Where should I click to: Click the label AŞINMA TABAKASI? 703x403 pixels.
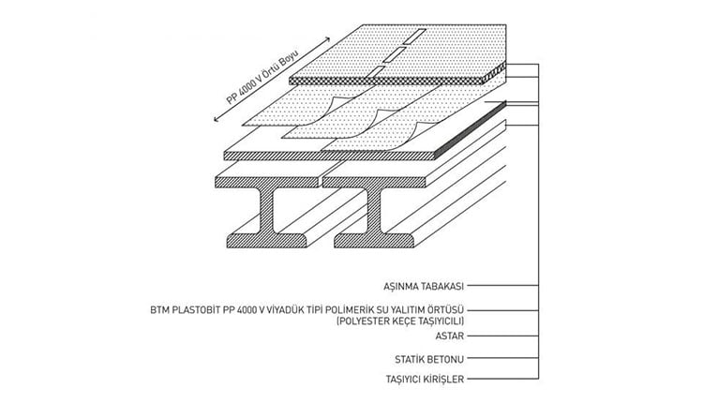424,286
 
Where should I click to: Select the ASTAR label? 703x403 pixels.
450,336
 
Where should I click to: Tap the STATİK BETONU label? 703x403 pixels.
429,359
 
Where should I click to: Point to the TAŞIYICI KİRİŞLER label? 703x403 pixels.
425,380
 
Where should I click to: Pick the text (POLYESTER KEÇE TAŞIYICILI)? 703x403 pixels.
400,321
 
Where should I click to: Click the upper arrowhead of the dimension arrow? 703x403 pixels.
327,39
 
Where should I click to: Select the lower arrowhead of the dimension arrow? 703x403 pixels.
217,119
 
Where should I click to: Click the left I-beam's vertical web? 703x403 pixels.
267,211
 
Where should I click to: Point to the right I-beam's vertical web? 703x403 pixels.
374,211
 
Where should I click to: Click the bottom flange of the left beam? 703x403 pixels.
267,241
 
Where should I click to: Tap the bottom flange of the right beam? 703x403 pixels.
374,241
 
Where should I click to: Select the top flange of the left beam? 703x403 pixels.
266,182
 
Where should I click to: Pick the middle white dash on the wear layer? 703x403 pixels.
395,53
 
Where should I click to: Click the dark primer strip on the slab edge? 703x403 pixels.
471,130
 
